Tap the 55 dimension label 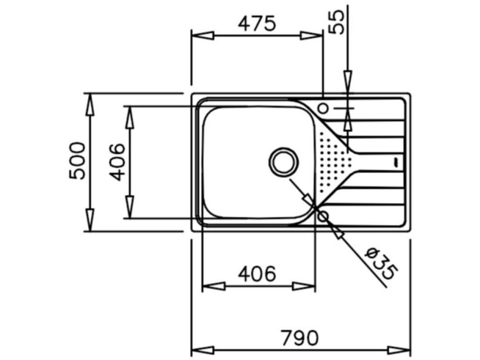pyautogui.click(x=336, y=22)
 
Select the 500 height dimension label pyautogui.click(x=77, y=161)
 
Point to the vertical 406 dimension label pyautogui.click(x=117, y=162)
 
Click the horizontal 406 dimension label pyautogui.click(x=257, y=273)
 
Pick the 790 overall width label pyautogui.click(x=300, y=338)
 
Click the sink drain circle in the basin pyautogui.click(x=283, y=163)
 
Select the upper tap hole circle pyautogui.click(x=323, y=108)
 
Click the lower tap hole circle pyautogui.click(x=323, y=217)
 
